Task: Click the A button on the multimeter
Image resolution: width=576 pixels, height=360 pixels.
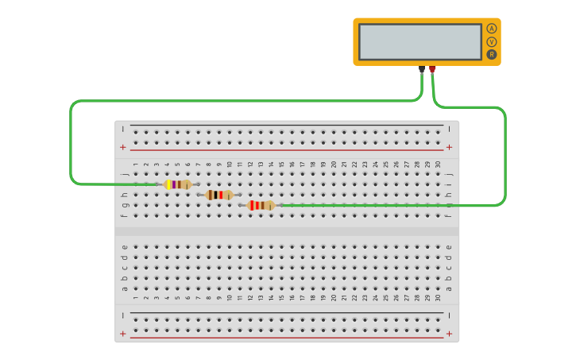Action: (x=492, y=29)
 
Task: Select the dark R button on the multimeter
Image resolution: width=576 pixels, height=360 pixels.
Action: (x=492, y=54)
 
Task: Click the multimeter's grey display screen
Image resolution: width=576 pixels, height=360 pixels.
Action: (x=419, y=41)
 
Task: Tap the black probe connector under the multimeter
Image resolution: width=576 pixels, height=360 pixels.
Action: (x=422, y=69)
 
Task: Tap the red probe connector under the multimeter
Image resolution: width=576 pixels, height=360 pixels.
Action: (x=432, y=69)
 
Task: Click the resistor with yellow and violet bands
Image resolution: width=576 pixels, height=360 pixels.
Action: (x=177, y=184)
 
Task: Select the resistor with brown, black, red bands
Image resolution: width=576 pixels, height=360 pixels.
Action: (x=219, y=195)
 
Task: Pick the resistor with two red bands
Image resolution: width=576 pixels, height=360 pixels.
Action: (x=261, y=205)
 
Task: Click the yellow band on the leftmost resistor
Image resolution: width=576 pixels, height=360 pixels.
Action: (x=169, y=184)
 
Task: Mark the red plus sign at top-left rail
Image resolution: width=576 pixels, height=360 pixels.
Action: (x=122, y=147)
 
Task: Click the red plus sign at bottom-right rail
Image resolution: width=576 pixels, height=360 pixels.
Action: (x=450, y=334)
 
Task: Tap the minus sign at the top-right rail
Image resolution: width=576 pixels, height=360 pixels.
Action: (x=450, y=128)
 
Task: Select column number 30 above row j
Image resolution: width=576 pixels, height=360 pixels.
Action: (x=438, y=165)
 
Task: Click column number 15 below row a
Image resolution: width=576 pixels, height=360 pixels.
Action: (x=281, y=298)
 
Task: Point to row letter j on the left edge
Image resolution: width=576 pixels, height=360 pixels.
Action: (x=125, y=173)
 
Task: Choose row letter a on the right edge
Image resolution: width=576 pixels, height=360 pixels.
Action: (x=449, y=288)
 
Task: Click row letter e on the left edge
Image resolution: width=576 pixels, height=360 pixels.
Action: (x=125, y=246)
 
